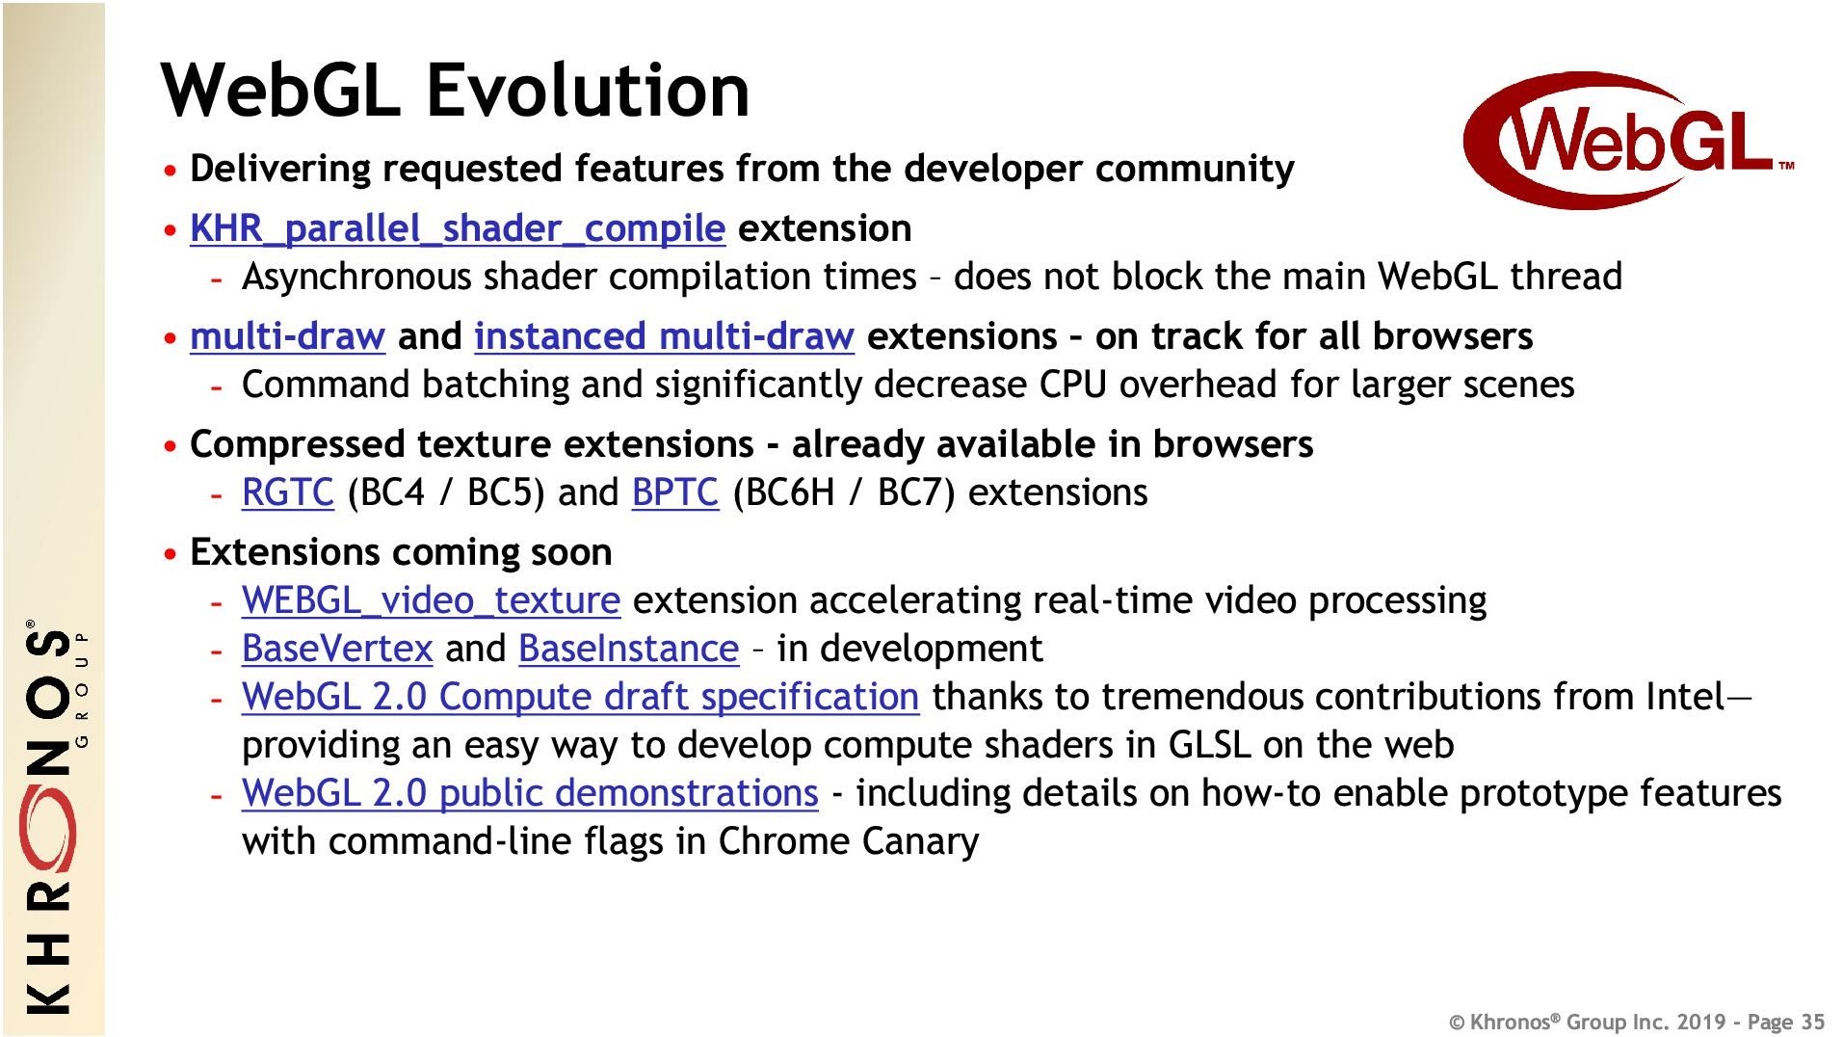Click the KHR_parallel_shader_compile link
pos(458,229)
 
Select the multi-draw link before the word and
pos(287,336)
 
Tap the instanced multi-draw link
pos(664,336)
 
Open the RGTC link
pos(288,492)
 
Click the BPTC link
pos(675,492)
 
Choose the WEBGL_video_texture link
pos(431,600)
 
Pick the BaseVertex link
pos(337,649)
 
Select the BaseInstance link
pos(628,649)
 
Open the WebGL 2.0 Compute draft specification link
pos(581,697)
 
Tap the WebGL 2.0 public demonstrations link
pos(530,793)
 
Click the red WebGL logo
pos(1628,141)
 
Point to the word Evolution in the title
pos(588,90)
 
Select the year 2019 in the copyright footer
pos(1701,1022)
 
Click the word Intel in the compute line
pos(1685,697)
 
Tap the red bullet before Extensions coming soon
pos(171,554)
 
